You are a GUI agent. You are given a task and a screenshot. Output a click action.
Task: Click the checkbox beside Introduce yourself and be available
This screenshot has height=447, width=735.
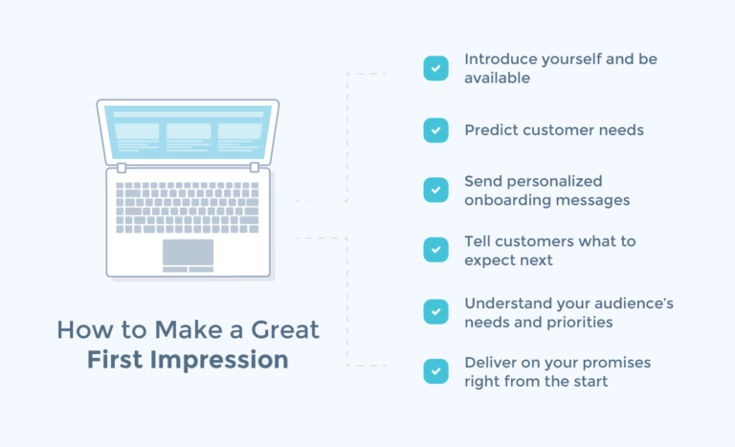tap(435, 68)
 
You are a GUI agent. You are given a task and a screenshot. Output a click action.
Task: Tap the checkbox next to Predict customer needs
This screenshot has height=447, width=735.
tap(435, 130)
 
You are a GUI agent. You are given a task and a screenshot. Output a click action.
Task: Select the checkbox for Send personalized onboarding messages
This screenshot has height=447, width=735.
tap(435, 190)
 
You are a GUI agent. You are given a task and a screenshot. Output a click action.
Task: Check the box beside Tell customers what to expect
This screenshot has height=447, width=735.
tap(435, 250)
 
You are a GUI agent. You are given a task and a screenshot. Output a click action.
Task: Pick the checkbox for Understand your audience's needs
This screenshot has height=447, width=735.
tap(435, 311)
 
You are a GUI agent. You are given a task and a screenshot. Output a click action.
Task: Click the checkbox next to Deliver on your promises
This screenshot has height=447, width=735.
tap(435, 371)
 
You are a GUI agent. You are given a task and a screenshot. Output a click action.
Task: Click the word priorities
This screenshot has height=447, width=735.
tap(577, 322)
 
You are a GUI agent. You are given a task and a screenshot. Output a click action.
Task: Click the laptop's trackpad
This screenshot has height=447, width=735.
tap(188, 252)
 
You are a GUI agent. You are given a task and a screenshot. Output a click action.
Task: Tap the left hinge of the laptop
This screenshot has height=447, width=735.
tap(121, 168)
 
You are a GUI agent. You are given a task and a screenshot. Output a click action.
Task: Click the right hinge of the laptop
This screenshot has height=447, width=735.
tap(255, 168)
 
